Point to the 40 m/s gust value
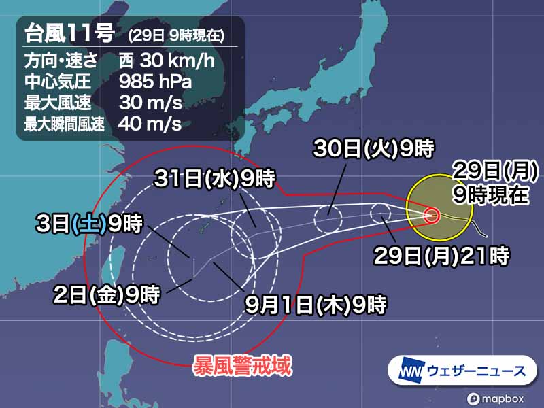150,124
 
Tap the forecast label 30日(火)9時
373,148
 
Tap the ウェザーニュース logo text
476,371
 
